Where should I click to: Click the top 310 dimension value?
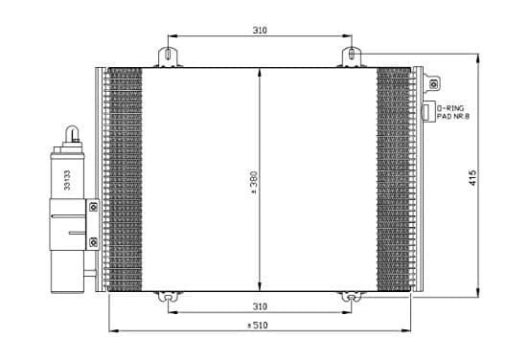pyautogui.click(x=260, y=31)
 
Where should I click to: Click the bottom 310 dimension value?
pyautogui.click(x=260, y=306)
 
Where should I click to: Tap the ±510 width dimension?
pyautogui.click(x=258, y=326)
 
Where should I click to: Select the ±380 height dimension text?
pyautogui.click(x=254, y=182)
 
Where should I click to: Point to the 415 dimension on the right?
pyautogui.click(x=472, y=178)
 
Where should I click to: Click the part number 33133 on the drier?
pyautogui.click(x=67, y=180)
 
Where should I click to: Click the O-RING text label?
pyautogui.click(x=450, y=108)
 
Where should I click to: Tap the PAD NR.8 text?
pyautogui.click(x=453, y=117)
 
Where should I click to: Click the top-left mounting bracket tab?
pyautogui.click(x=168, y=56)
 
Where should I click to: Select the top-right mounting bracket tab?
pyautogui.click(x=352, y=56)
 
